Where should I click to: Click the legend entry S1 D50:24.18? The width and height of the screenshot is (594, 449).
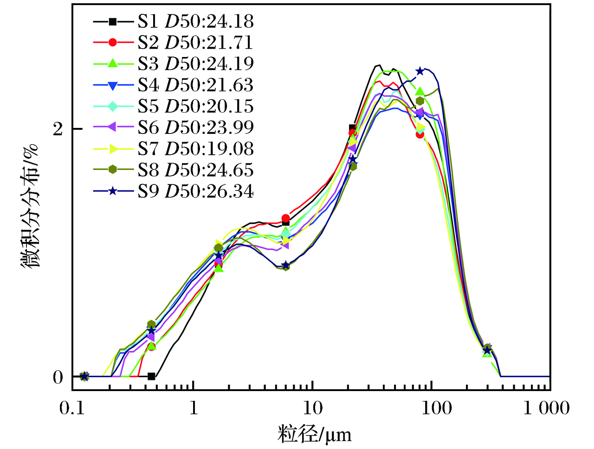pos(195,21)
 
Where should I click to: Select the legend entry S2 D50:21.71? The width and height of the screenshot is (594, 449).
pos(195,43)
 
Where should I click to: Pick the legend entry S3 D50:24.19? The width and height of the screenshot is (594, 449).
pos(195,64)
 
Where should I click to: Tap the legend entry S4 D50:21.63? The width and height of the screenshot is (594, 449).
pos(195,85)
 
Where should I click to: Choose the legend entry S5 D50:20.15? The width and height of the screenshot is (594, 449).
pos(195,107)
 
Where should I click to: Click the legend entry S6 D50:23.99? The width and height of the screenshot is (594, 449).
pos(195,128)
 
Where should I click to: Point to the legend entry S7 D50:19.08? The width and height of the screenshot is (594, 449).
pos(195,149)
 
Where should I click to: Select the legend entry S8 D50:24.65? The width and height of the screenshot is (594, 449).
pos(195,171)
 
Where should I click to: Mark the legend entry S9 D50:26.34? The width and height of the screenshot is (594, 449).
pos(195,191)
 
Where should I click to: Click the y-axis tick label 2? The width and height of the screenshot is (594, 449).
pos(58,129)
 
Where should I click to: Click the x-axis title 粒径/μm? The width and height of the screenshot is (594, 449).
pos(315,435)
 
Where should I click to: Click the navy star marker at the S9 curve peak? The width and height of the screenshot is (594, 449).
pos(420,71)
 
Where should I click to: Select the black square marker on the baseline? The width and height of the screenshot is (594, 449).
pos(151,376)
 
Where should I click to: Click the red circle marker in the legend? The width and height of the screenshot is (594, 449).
pos(113,43)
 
